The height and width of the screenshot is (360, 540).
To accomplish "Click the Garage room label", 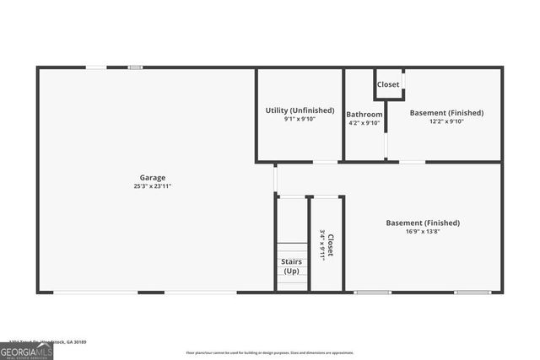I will click(153, 178).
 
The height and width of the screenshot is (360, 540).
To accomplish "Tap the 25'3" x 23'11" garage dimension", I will click(153, 186).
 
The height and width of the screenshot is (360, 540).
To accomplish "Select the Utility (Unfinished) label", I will click(300, 110).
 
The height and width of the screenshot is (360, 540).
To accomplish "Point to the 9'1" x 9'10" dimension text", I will click(300, 119).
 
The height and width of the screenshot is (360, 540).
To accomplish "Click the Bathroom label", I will click(364, 115).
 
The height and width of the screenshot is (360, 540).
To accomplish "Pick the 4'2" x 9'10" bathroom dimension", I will click(364, 123).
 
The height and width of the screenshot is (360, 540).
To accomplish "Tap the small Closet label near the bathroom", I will click(388, 84).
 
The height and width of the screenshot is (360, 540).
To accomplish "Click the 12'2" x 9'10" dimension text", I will click(446, 121).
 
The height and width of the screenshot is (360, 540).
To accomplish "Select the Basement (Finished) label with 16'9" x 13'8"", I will click(423, 223).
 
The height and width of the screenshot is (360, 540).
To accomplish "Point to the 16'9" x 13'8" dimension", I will click(423, 231).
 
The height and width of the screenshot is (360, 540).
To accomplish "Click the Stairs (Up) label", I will click(291, 266).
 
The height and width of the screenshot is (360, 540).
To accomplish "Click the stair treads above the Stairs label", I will click(292, 250).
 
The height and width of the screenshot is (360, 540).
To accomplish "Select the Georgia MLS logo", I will click(26, 351).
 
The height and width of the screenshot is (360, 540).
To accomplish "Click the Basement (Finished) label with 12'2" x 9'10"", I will click(446, 113).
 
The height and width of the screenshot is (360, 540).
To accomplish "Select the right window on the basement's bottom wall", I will click(472, 293).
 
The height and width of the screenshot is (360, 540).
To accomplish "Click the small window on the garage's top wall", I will click(135, 67).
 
